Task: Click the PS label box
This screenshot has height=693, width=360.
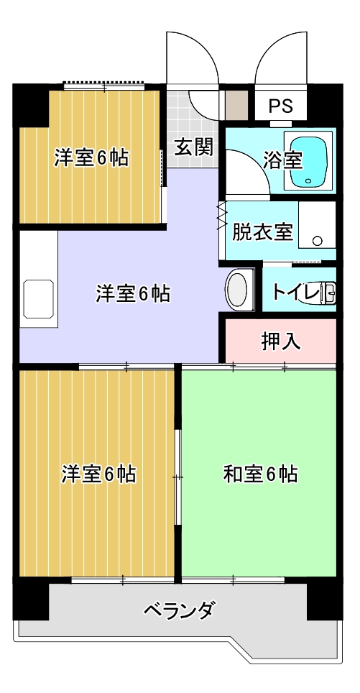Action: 280,106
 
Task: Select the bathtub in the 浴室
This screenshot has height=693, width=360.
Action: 308,160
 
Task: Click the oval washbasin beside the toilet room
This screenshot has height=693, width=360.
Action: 237,290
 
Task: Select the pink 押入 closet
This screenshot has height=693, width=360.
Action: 280,341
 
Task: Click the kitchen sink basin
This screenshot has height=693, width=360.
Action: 38,299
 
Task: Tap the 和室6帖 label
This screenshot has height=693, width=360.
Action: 260,474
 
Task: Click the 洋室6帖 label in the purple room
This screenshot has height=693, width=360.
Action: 133,294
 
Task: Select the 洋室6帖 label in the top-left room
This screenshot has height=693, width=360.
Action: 91,157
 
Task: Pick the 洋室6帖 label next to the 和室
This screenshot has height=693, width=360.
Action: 98,474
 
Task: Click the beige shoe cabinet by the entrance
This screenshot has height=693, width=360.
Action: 236,106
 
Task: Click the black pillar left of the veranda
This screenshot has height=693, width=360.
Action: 30,598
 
